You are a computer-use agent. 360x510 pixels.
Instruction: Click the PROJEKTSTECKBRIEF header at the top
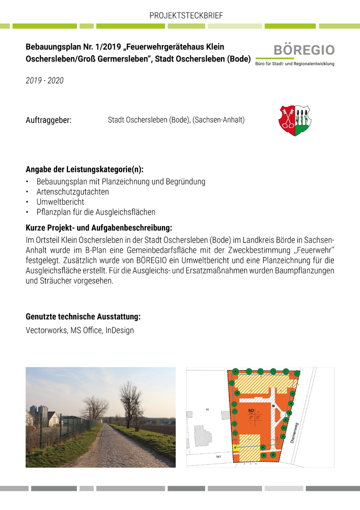click(186, 16)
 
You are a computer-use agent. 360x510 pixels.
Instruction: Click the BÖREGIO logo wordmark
click(304, 50)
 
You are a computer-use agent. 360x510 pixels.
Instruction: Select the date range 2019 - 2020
click(44, 81)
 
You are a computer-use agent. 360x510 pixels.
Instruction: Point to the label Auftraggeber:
click(49, 120)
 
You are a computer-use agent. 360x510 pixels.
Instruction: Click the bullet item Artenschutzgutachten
click(73, 192)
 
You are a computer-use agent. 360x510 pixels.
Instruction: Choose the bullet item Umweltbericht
click(60, 202)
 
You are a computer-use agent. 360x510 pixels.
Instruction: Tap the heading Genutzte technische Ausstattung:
click(83, 316)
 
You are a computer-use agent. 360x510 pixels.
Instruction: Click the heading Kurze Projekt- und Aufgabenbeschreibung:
click(99, 228)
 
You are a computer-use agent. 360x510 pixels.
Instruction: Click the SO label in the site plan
click(251, 411)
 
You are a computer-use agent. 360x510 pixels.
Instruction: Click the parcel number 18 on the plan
click(207, 409)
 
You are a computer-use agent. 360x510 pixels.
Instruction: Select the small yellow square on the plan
click(234, 447)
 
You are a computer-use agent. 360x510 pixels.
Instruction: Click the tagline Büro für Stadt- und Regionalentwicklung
click(294, 64)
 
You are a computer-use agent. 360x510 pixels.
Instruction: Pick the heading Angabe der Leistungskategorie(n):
click(84, 170)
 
